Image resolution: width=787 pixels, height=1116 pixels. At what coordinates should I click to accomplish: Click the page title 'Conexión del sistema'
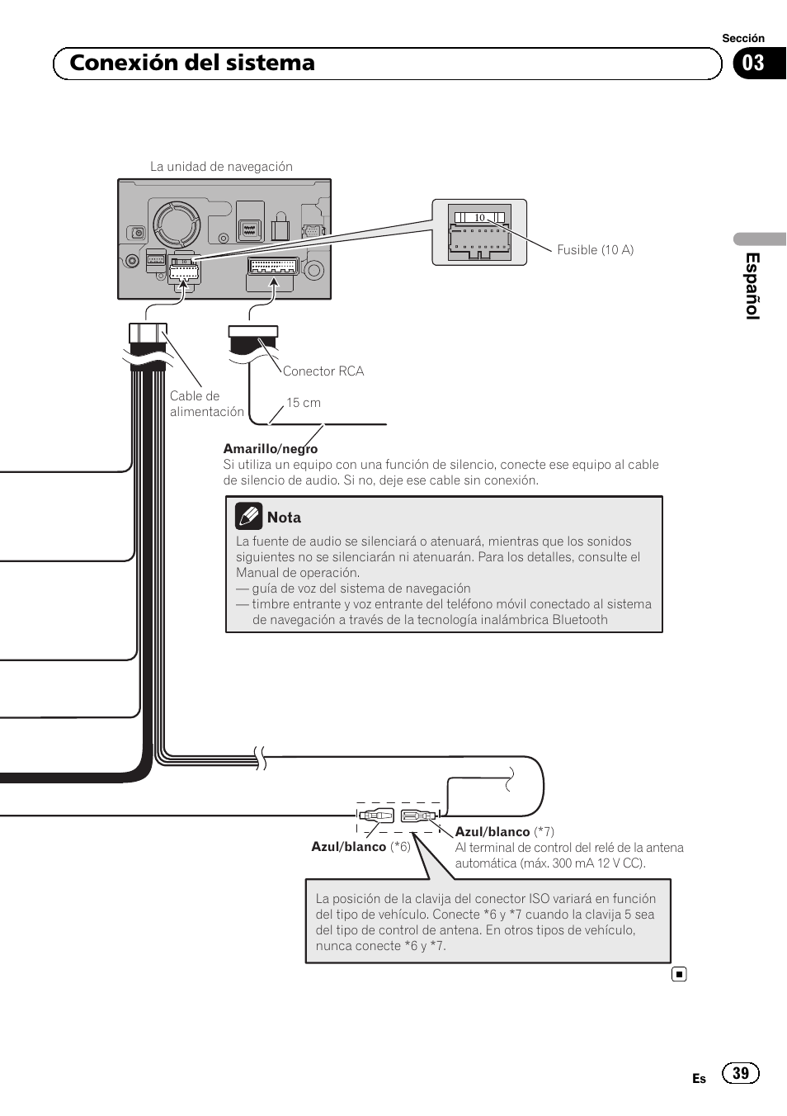coord(192,64)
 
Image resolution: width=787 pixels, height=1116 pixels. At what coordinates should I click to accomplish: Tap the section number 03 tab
coord(753,64)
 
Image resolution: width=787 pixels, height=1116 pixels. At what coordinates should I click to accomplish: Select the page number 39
coord(740,1073)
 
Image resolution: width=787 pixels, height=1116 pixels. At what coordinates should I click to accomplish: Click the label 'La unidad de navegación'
coord(221,167)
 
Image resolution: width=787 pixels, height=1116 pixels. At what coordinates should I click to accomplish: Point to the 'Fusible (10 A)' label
coord(595,250)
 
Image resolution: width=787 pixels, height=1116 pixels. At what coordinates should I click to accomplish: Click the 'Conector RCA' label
coord(323,371)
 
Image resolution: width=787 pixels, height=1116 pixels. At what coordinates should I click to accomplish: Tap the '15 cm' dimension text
coord(304,403)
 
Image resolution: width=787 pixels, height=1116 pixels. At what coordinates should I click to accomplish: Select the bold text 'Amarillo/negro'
coord(270,449)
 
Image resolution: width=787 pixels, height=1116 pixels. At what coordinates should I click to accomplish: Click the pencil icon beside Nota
coord(248,516)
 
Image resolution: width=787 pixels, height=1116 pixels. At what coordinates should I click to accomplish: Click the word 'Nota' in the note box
coord(284,518)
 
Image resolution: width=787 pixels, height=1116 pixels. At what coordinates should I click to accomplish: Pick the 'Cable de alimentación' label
coord(206,404)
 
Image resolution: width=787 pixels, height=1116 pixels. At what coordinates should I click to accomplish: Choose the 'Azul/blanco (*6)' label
coord(361,847)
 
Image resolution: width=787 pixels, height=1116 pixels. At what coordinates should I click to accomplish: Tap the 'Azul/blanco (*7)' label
coord(504,832)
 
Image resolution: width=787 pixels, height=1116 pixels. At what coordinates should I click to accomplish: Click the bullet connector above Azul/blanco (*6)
coord(377,816)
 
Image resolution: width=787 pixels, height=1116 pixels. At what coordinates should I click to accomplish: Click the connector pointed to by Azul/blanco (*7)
coord(417,816)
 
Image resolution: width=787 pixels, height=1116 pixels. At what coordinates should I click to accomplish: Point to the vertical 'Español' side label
coord(752,286)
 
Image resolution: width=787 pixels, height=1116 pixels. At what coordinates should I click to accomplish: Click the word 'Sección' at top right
coord(742,38)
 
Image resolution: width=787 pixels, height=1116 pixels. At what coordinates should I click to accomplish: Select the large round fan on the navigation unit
coord(177,224)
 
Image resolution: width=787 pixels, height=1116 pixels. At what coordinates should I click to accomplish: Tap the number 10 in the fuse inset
coord(479,218)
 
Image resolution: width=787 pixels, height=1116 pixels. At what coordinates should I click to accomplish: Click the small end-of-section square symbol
coord(679,974)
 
